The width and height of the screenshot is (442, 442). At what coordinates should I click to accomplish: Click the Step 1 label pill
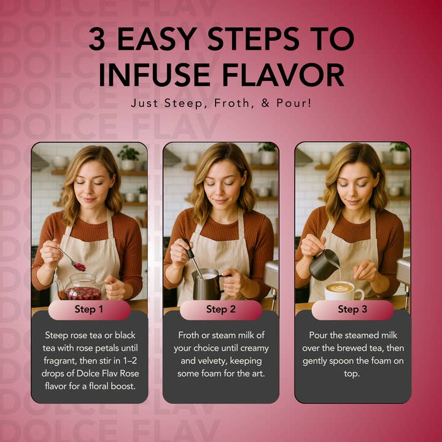point(90,309)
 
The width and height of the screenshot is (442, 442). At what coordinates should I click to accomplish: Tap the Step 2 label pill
point(221,309)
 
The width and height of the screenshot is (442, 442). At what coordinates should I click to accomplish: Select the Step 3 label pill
point(352,309)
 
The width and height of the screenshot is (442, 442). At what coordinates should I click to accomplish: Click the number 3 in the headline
point(97,39)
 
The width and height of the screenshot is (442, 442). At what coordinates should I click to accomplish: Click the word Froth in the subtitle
point(231,103)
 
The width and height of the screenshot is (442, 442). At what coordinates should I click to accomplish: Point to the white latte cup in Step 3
point(343,292)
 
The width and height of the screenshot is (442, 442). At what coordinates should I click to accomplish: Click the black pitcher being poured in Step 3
point(324,265)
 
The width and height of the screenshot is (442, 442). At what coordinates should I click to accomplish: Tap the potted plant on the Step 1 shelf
point(129,158)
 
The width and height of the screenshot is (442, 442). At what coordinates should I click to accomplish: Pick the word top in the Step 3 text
point(352,374)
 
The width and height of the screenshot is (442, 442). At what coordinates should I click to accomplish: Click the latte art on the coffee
point(339,288)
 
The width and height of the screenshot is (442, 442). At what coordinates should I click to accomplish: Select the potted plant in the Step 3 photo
point(399,153)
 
